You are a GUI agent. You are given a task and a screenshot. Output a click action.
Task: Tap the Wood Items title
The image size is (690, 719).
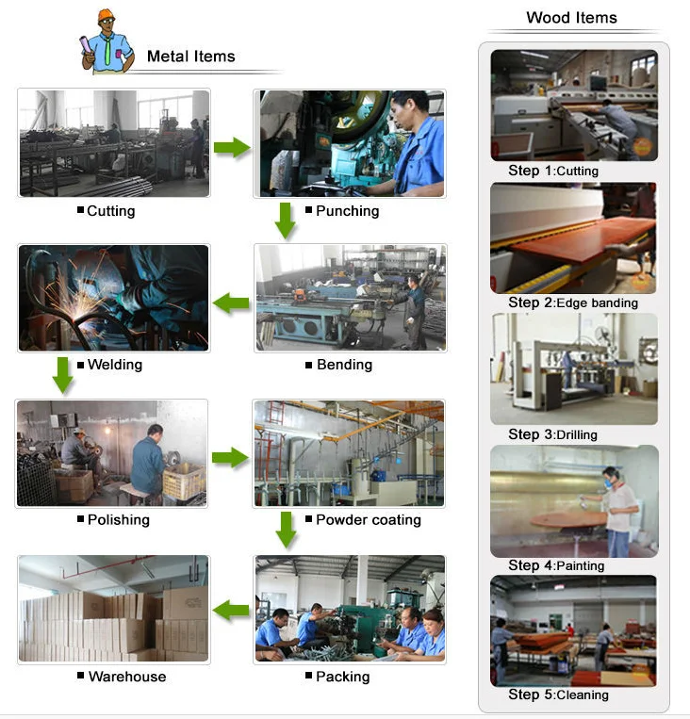[x=571, y=18]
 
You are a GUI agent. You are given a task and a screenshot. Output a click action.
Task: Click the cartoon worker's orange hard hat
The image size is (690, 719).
[x=106, y=16]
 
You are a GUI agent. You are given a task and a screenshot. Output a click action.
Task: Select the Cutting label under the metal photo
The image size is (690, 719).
[x=110, y=211]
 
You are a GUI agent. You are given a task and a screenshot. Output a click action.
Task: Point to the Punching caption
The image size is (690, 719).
[x=347, y=211]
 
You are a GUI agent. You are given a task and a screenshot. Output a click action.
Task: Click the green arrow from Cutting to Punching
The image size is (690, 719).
[x=232, y=147]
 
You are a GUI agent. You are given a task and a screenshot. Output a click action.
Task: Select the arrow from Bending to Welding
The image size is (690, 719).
[x=232, y=303]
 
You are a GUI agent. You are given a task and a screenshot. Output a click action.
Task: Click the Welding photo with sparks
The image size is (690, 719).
[x=113, y=298]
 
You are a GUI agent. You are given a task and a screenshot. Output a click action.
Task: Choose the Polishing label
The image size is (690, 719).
[x=118, y=519]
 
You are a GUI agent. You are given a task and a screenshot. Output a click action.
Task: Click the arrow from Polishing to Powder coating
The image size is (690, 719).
[x=230, y=459]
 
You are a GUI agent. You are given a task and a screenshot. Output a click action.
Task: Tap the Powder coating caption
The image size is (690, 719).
[x=368, y=519]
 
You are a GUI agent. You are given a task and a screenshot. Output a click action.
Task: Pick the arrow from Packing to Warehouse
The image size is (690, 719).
[x=232, y=610]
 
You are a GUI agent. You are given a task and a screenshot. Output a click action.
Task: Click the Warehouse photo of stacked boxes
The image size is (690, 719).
[x=113, y=608]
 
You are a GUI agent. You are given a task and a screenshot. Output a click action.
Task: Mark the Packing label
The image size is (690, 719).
[x=342, y=677]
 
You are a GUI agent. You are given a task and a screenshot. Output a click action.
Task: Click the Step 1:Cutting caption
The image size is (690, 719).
[x=553, y=172]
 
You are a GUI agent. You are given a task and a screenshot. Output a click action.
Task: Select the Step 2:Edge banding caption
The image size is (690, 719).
[x=573, y=302]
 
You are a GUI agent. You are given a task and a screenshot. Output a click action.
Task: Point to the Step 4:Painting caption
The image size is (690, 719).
[x=556, y=565]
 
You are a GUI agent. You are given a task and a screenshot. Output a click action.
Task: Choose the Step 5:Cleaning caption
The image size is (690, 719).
[x=558, y=694]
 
